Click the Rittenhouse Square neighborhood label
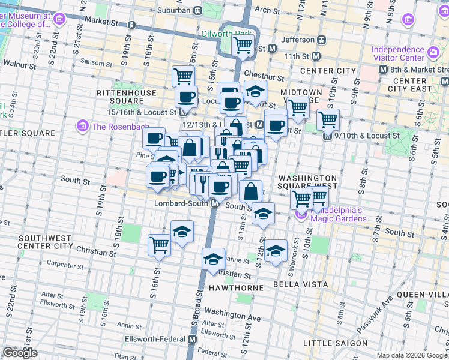pos(125,97)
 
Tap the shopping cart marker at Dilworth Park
pos(243,44)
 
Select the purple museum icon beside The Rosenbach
pos(81,126)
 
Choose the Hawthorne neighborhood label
pos(236,288)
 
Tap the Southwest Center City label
pos(46,242)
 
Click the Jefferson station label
pos(298,40)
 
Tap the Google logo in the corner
pos(20,353)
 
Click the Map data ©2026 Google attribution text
pos(412,355)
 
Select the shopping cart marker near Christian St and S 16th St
pos(159,245)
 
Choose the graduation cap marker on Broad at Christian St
pos(213,259)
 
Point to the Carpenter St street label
pos(69,264)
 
